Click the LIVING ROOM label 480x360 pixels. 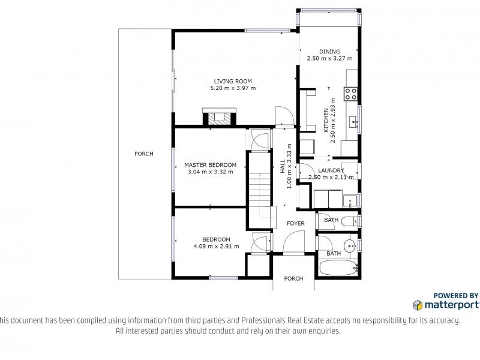click(x=233, y=81)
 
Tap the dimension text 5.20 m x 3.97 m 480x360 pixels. click(x=233, y=88)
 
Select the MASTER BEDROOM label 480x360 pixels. click(x=211, y=164)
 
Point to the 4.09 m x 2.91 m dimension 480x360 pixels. click(x=216, y=246)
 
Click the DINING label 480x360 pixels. click(x=329, y=52)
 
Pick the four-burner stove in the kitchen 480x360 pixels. click(x=351, y=94)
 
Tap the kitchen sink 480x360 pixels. click(x=353, y=122)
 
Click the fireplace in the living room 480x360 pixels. click(x=220, y=117)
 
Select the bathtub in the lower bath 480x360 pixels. click(x=338, y=268)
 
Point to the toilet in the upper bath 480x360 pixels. click(x=350, y=221)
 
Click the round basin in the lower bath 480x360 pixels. click(x=350, y=245)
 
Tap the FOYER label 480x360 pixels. click(x=296, y=223)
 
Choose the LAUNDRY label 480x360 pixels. click(x=331, y=170)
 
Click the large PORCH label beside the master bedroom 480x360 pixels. click(x=144, y=154)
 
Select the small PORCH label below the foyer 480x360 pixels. click(x=293, y=278)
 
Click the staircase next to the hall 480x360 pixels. click(x=259, y=190)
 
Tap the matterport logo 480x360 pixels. click(x=446, y=305)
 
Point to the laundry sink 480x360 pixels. click(x=350, y=201)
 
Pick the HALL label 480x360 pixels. click(x=283, y=166)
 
